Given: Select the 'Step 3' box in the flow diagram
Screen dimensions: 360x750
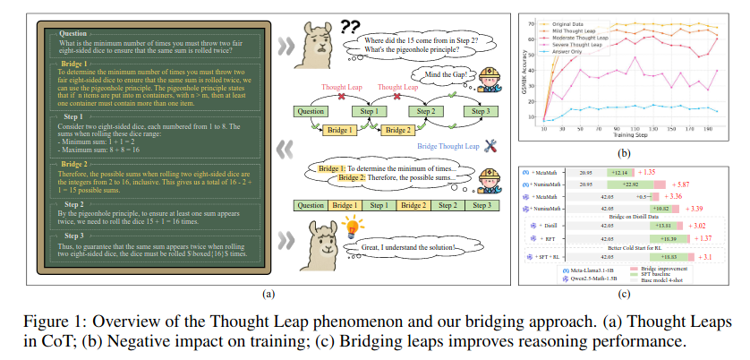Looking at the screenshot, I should tap(484, 111).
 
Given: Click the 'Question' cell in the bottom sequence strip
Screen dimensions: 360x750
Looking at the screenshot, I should tap(311, 206).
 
